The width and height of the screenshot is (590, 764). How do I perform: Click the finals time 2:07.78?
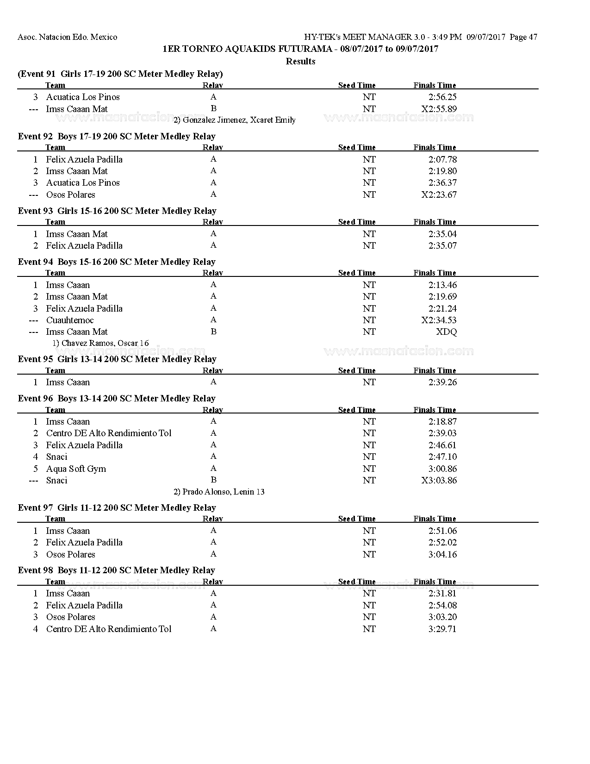pos(442,159)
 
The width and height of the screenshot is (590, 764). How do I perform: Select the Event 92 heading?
pos(117,136)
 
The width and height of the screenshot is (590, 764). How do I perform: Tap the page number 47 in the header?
pos(532,37)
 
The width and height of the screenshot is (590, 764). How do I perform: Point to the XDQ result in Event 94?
pos(446,332)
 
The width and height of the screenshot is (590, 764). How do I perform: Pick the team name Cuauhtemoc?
pos(69,320)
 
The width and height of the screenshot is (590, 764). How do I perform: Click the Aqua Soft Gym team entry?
pos(76,469)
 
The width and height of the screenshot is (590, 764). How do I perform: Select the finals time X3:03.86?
pos(439,480)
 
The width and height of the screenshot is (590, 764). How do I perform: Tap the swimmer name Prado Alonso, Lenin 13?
pos(219,492)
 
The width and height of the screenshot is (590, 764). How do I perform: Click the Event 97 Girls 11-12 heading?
pos(117,507)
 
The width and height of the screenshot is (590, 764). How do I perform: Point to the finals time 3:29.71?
pos(442,629)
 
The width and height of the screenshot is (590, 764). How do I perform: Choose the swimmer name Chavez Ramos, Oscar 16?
pos(100,343)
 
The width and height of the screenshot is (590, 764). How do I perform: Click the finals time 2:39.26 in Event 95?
pos(442,382)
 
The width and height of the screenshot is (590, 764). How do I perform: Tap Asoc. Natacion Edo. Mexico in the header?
pos(68,37)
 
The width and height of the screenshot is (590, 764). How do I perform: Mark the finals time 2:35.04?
pos(442,234)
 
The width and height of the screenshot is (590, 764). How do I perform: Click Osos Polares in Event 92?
pos(70,194)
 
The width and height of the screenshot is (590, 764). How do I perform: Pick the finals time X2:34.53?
pos(439,320)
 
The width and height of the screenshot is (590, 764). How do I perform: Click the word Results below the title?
pos(300,61)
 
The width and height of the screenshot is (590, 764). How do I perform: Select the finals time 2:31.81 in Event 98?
pos(442,593)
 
